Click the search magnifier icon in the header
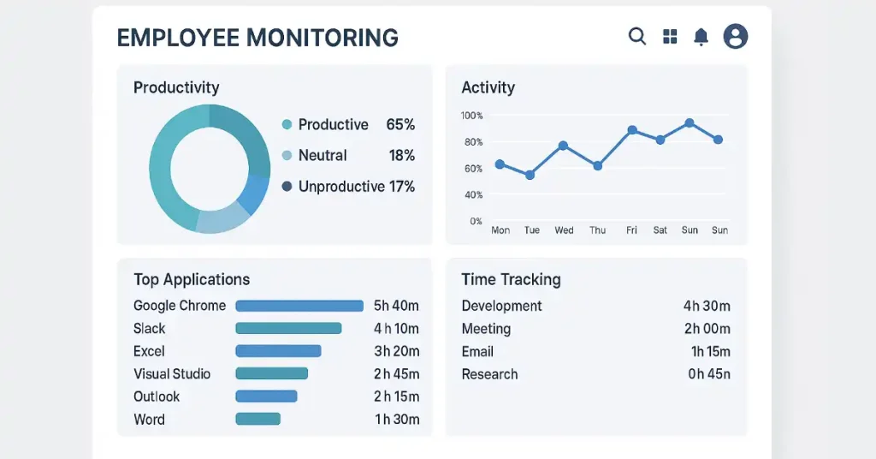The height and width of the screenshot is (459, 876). (x=637, y=36)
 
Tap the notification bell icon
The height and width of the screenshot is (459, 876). (x=701, y=36)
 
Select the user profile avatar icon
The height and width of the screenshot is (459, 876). (x=736, y=36)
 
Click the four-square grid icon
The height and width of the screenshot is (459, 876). (x=670, y=36)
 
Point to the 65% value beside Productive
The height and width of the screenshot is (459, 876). (x=400, y=125)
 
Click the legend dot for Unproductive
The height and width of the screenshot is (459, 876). (x=287, y=187)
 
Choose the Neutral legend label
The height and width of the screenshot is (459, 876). (x=323, y=156)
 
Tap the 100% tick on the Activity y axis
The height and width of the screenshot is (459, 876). (x=471, y=116)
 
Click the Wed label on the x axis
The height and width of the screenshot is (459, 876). (x=564, y=230)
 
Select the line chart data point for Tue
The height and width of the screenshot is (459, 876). (x=530, y=175)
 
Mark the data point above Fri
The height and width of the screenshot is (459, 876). (x=632, y=130)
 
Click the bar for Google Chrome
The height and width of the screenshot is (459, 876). (x=299, y=306)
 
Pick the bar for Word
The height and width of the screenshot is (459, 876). (x=257, y=420)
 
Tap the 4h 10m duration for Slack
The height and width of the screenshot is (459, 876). (x=396, y=329)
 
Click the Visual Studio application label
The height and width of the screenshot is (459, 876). (x=172, y=374)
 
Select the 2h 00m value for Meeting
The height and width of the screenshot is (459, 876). (x=706, y=329)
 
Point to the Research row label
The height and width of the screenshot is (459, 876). (x=489, y=374)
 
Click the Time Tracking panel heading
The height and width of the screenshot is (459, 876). (x=511, y=280)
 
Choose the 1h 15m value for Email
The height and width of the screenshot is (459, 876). (x=710, y=352)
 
